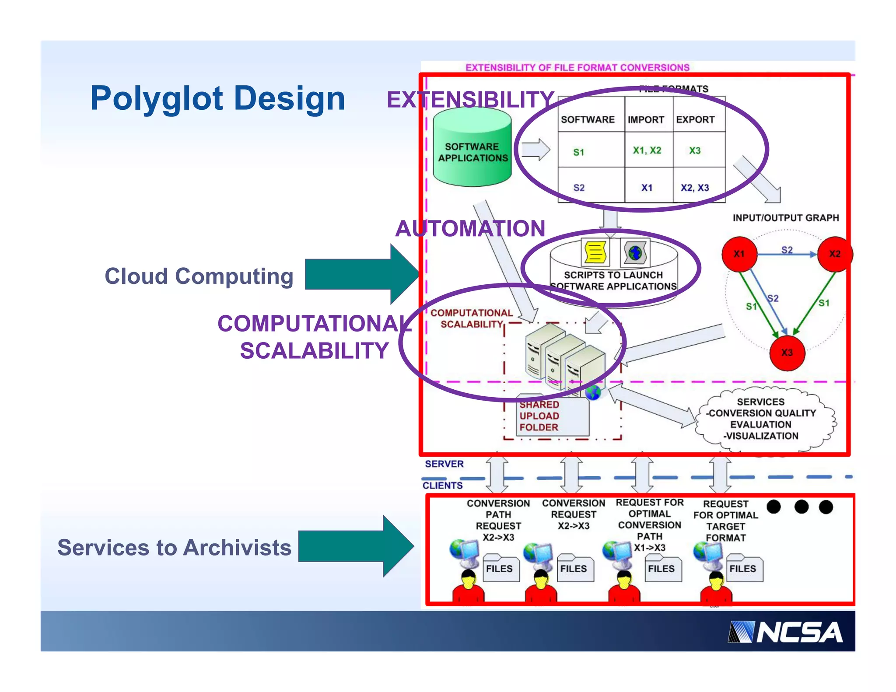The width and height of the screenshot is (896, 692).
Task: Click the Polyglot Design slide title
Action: click(217, 98)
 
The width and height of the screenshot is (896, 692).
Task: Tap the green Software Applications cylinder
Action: click(472, 149)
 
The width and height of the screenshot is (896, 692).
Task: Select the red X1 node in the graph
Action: click(739, 254)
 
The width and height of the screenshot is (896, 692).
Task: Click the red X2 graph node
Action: click(835, 254)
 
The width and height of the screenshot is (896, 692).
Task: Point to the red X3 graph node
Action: click(787, 353)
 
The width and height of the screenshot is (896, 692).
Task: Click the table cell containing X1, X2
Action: click(647, 150)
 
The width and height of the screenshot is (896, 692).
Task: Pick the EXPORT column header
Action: click(695, 119)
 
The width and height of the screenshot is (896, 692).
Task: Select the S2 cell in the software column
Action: click(579, 188)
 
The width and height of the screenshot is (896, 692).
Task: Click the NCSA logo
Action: click(785, 632)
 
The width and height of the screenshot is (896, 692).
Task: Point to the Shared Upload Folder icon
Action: click(552, 416)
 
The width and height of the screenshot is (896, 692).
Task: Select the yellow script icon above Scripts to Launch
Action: click(595, 252)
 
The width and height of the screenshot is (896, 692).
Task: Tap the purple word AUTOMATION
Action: click(470, 228)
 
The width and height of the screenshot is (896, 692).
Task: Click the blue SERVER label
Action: click(444, 464)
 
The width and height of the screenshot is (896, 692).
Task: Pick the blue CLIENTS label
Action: click(442, 486)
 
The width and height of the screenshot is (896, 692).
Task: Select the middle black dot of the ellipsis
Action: click(801, 507)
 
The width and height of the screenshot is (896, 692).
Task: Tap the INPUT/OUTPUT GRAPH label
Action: click(785, 218)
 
